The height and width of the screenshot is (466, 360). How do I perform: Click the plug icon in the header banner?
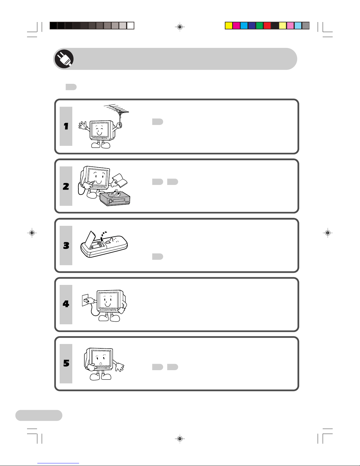pyautogui.click(x=64, y=59)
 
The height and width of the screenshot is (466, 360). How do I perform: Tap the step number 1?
pyautogui.click(x=66, y=126)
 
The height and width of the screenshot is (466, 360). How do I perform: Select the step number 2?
pyautogui.click(x=66, y=186)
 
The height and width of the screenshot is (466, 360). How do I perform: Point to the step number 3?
pyautogui.click(x=66, y=245)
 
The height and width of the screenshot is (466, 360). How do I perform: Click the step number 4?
pyautogui.click(x=66, y=304)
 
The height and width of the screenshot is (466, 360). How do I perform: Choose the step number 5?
pyautogui.click(x=66, y=363)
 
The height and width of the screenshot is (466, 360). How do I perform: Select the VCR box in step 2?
pyautogui.click(x=115, y=198)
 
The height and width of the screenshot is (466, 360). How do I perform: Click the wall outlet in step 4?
pyautogui.click(x=85, y=300)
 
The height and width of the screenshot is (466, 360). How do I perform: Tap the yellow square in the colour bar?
pyautogui.click(x=229, y=26)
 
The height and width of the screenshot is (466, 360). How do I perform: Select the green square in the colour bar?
pyautogui.click(x=259, y=26)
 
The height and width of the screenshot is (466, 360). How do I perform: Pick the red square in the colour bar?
pyautogui.click(x=267, y=26)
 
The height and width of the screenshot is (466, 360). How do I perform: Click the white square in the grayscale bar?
pyautogui.click(x=130, y=26)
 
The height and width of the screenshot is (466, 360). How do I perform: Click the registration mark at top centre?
pyautogui.click(x=180, y=27)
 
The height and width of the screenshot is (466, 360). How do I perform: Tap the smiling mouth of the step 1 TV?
pyautogui.click(x=99, y=133)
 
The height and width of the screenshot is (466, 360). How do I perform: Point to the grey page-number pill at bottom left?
pyautogui.click(x=39, y=415)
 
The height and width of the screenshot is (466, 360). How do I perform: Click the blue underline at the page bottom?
pyautogui.click(x=58, y=463)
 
